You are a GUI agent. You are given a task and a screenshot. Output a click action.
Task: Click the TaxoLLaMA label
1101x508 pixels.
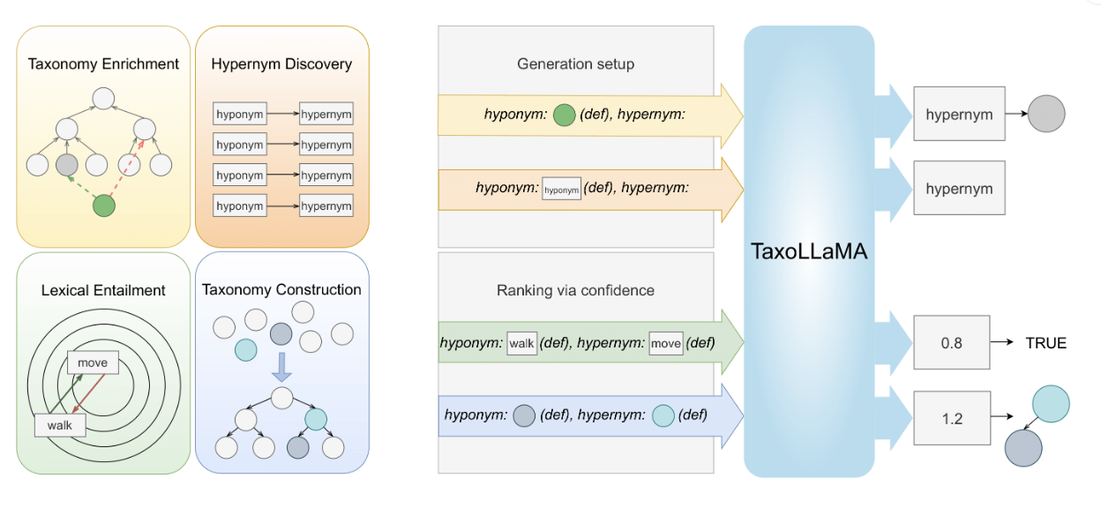click(x=809, y=251)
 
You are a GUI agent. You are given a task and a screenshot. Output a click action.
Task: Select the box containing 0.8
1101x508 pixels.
click(x=951, y=343)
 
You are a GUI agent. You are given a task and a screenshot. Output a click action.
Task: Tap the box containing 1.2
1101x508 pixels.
click(x=951, y=419)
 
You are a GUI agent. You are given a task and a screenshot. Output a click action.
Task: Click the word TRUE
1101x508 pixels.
click(x=1045, y=343)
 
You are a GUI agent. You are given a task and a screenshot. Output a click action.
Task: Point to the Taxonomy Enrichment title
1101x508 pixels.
click(x=103, y=63)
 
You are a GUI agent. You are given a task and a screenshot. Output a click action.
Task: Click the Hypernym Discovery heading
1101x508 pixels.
click(x=281, y=63)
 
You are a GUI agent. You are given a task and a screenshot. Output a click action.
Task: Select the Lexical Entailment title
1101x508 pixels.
click(x=103, y=289)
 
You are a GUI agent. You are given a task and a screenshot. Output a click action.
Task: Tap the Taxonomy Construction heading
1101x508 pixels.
click(x=281, y=289)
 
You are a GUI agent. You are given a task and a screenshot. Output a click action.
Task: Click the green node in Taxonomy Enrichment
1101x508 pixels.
click(x=104, y=205)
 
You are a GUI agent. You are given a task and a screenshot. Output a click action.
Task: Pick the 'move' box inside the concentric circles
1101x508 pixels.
click(x=93, y=362)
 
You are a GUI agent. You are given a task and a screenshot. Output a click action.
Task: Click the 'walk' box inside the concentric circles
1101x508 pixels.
click(x=60, y=426)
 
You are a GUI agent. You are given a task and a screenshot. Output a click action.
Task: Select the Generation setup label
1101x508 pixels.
click(x=575, y=63)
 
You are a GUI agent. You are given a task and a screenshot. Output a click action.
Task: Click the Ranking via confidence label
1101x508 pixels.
click(x=575, y=289)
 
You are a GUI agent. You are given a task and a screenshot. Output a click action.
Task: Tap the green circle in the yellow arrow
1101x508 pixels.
click(x=565, y=116)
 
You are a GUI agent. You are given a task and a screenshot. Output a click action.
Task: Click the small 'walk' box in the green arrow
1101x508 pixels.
click(x=521, y=343)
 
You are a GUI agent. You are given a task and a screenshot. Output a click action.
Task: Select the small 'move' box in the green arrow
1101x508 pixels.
click(x=666, y=343)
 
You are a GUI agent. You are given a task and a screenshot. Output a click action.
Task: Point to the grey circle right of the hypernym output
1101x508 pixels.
click(x=1047, y=114)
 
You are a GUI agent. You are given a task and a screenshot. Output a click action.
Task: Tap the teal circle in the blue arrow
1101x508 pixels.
click(x=663, y=415)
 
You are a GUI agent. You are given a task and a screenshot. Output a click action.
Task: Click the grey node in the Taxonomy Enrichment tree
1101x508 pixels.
click(x=68, y=165)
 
